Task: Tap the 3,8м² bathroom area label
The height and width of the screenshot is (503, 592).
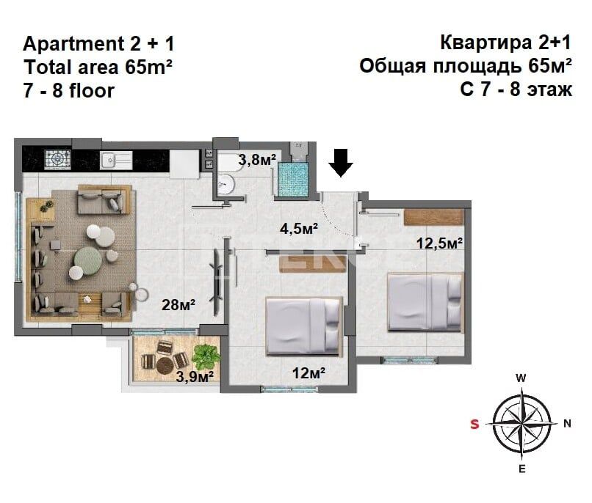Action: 257,160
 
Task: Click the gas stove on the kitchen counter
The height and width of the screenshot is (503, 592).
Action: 56,158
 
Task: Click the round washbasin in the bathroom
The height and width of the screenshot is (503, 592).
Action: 227,183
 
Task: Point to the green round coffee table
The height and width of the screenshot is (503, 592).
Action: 86,259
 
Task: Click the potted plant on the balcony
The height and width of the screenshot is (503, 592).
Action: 205,356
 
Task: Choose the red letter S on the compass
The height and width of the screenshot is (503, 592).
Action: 475,424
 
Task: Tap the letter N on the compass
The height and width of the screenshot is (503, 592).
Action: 567,423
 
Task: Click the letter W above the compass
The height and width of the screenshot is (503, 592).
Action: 521,378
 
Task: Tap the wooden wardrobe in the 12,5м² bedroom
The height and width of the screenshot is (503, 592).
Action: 434,217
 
